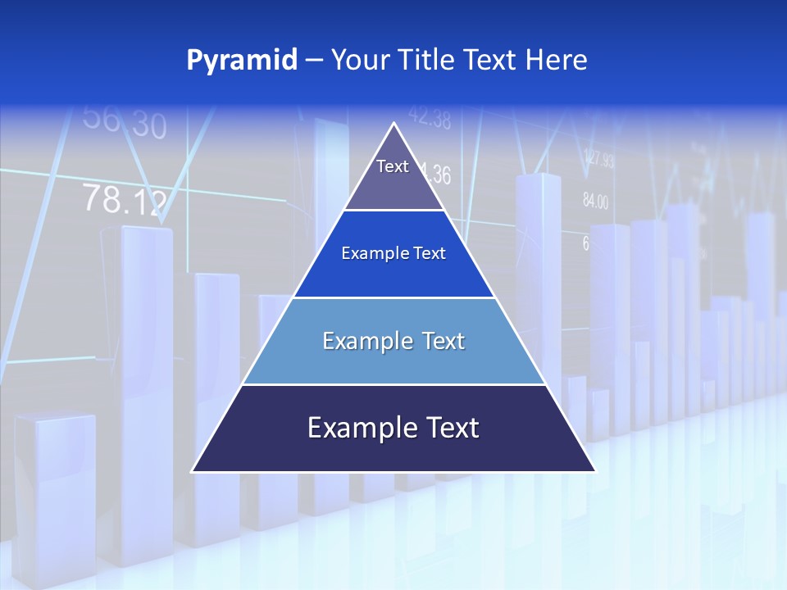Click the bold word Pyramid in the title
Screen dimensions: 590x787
click(242, 61)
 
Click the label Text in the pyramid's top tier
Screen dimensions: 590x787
click(393, 166)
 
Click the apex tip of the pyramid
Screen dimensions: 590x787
click(394, 124)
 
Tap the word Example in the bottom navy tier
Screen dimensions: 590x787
click(358, 428)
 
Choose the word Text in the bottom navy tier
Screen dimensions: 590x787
click(449, 428)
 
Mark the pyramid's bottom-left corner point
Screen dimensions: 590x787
click(192, 472)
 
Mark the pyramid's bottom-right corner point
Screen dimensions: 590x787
click(595, 472)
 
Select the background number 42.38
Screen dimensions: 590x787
click(429, 120)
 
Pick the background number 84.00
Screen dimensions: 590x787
click(595, 201)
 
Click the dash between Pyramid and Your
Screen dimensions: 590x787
click(314, 61)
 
